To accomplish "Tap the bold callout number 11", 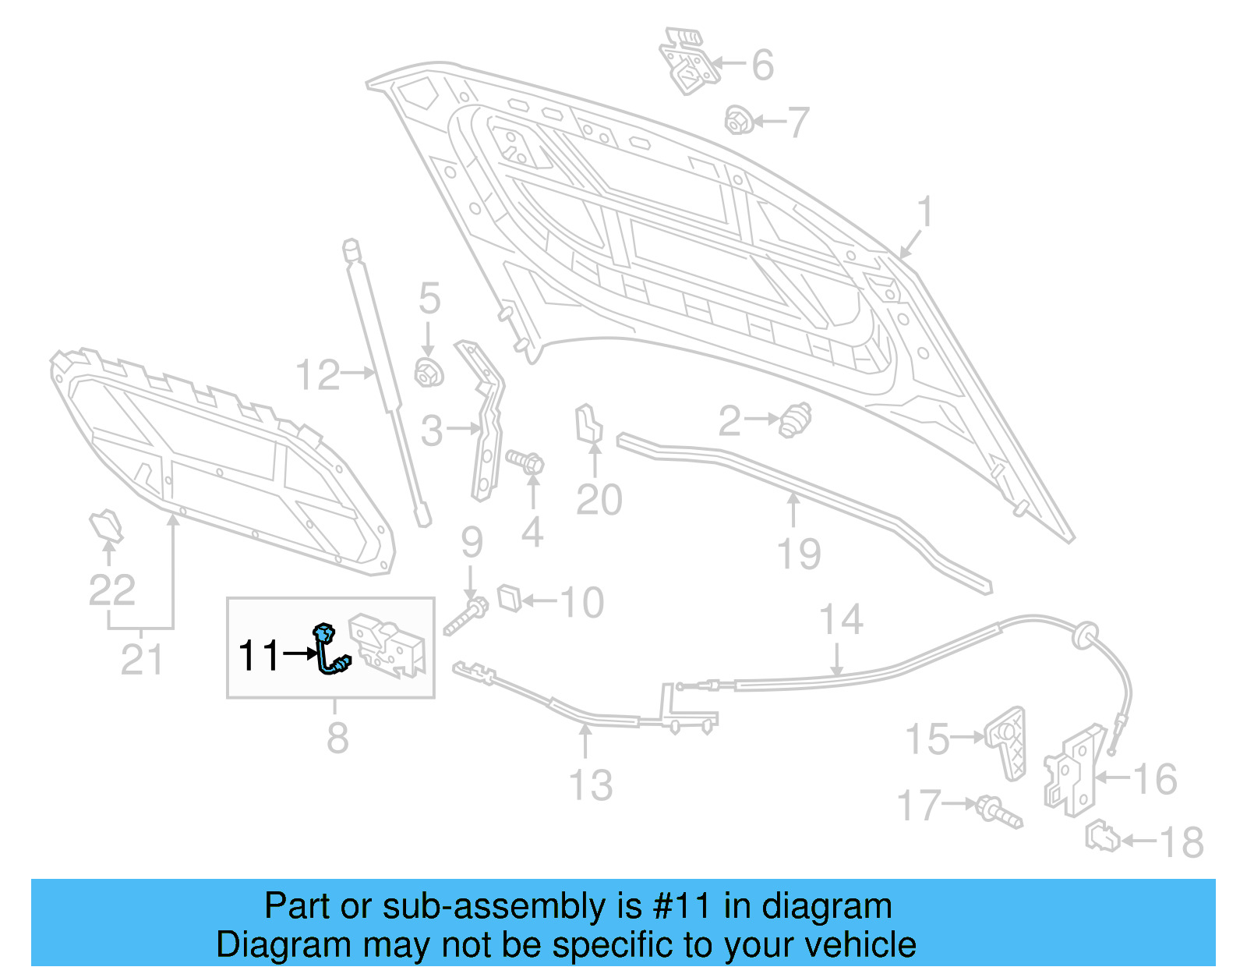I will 258,656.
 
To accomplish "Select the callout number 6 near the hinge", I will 762,64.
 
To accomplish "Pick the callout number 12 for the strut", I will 318,375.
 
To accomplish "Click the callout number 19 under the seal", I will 799,554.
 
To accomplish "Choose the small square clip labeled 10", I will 510,597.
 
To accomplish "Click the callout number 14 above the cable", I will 841,620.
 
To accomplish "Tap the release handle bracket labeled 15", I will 1007,741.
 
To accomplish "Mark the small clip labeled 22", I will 106,526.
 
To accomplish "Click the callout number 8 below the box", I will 337,738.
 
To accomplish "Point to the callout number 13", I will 591,785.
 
